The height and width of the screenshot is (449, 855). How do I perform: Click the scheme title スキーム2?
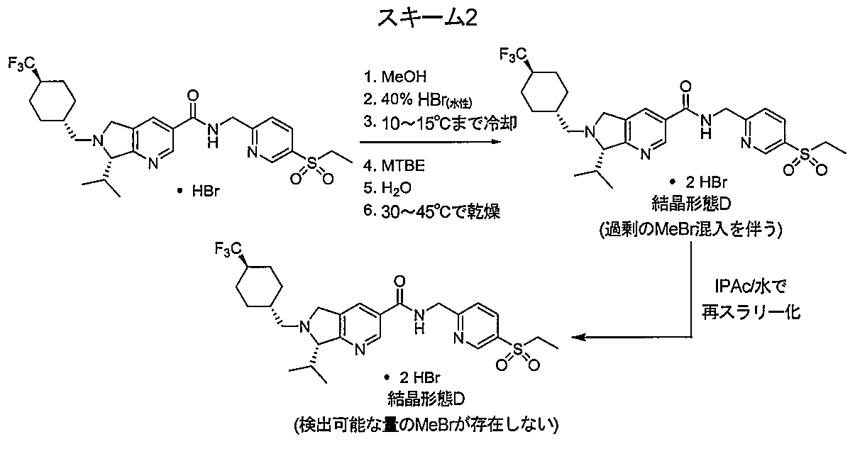pyautogui.click(x=427, y=18)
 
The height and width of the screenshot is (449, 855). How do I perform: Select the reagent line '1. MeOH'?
pyautogui.click(x=395, y=77)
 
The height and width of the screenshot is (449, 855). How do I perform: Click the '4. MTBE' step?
pyautogui.click(x=394, y=165)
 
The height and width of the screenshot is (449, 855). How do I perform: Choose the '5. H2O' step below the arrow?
pyautogui.click(x=387, y=188)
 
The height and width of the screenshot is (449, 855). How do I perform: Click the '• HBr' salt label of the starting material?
pyautogui.click(x=199, y=191)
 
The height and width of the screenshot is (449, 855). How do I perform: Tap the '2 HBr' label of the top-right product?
pyautogui.click(x=706, y=182)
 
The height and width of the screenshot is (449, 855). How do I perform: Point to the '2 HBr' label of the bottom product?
pyautogui.click(x=419, y=377)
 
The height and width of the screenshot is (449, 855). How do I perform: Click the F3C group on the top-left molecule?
pyautogui.click(x=23, y=64)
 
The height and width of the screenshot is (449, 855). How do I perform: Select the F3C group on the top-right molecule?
pyautogui.click(x=514, y=55)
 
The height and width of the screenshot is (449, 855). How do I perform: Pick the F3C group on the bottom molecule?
pyautogui.click(x=228, y=250)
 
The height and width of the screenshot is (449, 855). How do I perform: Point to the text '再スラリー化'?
pyautogui.click(x=751, y=311)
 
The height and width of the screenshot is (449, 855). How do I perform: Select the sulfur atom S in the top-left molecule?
pyautogui.click(x=312, y=163)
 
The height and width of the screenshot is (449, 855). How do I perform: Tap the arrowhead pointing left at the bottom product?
pyautogui.click(x=578, y=337)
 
